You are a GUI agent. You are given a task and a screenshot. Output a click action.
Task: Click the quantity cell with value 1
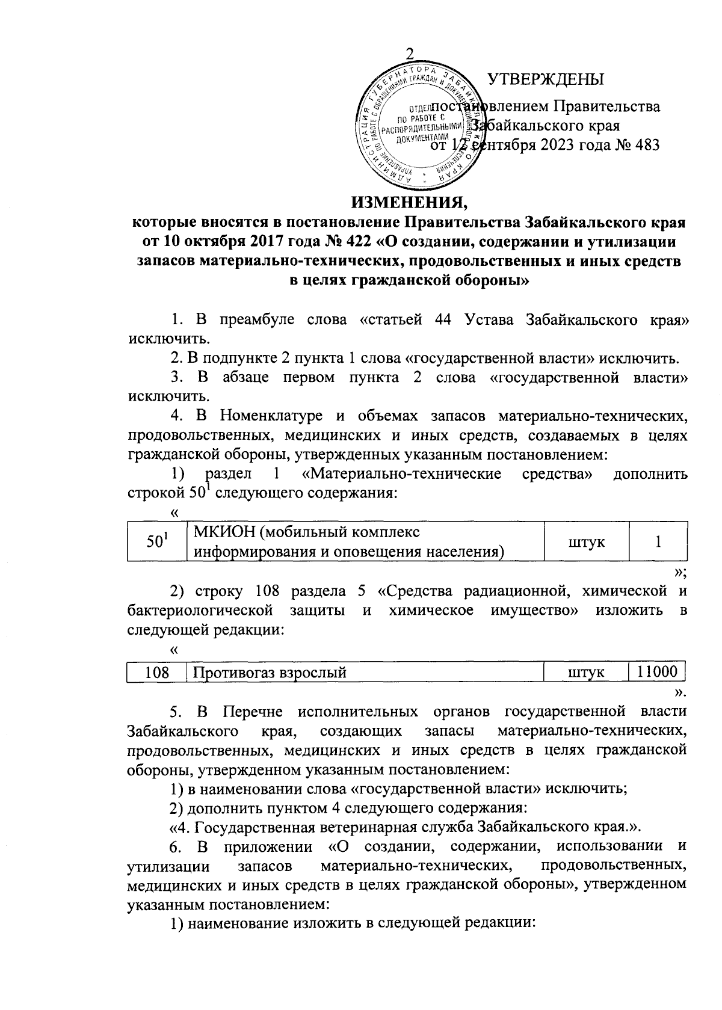[x=658, y=541]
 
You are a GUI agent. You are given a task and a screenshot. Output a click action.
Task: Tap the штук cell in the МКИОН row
[x=586, y=541]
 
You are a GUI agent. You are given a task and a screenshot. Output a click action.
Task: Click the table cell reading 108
[x=157, y=672]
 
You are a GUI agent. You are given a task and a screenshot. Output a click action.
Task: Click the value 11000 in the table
[x=657, y=671]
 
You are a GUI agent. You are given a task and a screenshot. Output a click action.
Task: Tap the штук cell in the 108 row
[x=586, y=673]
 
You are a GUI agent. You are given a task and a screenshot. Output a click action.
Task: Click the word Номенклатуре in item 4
[x=273, y=415]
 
